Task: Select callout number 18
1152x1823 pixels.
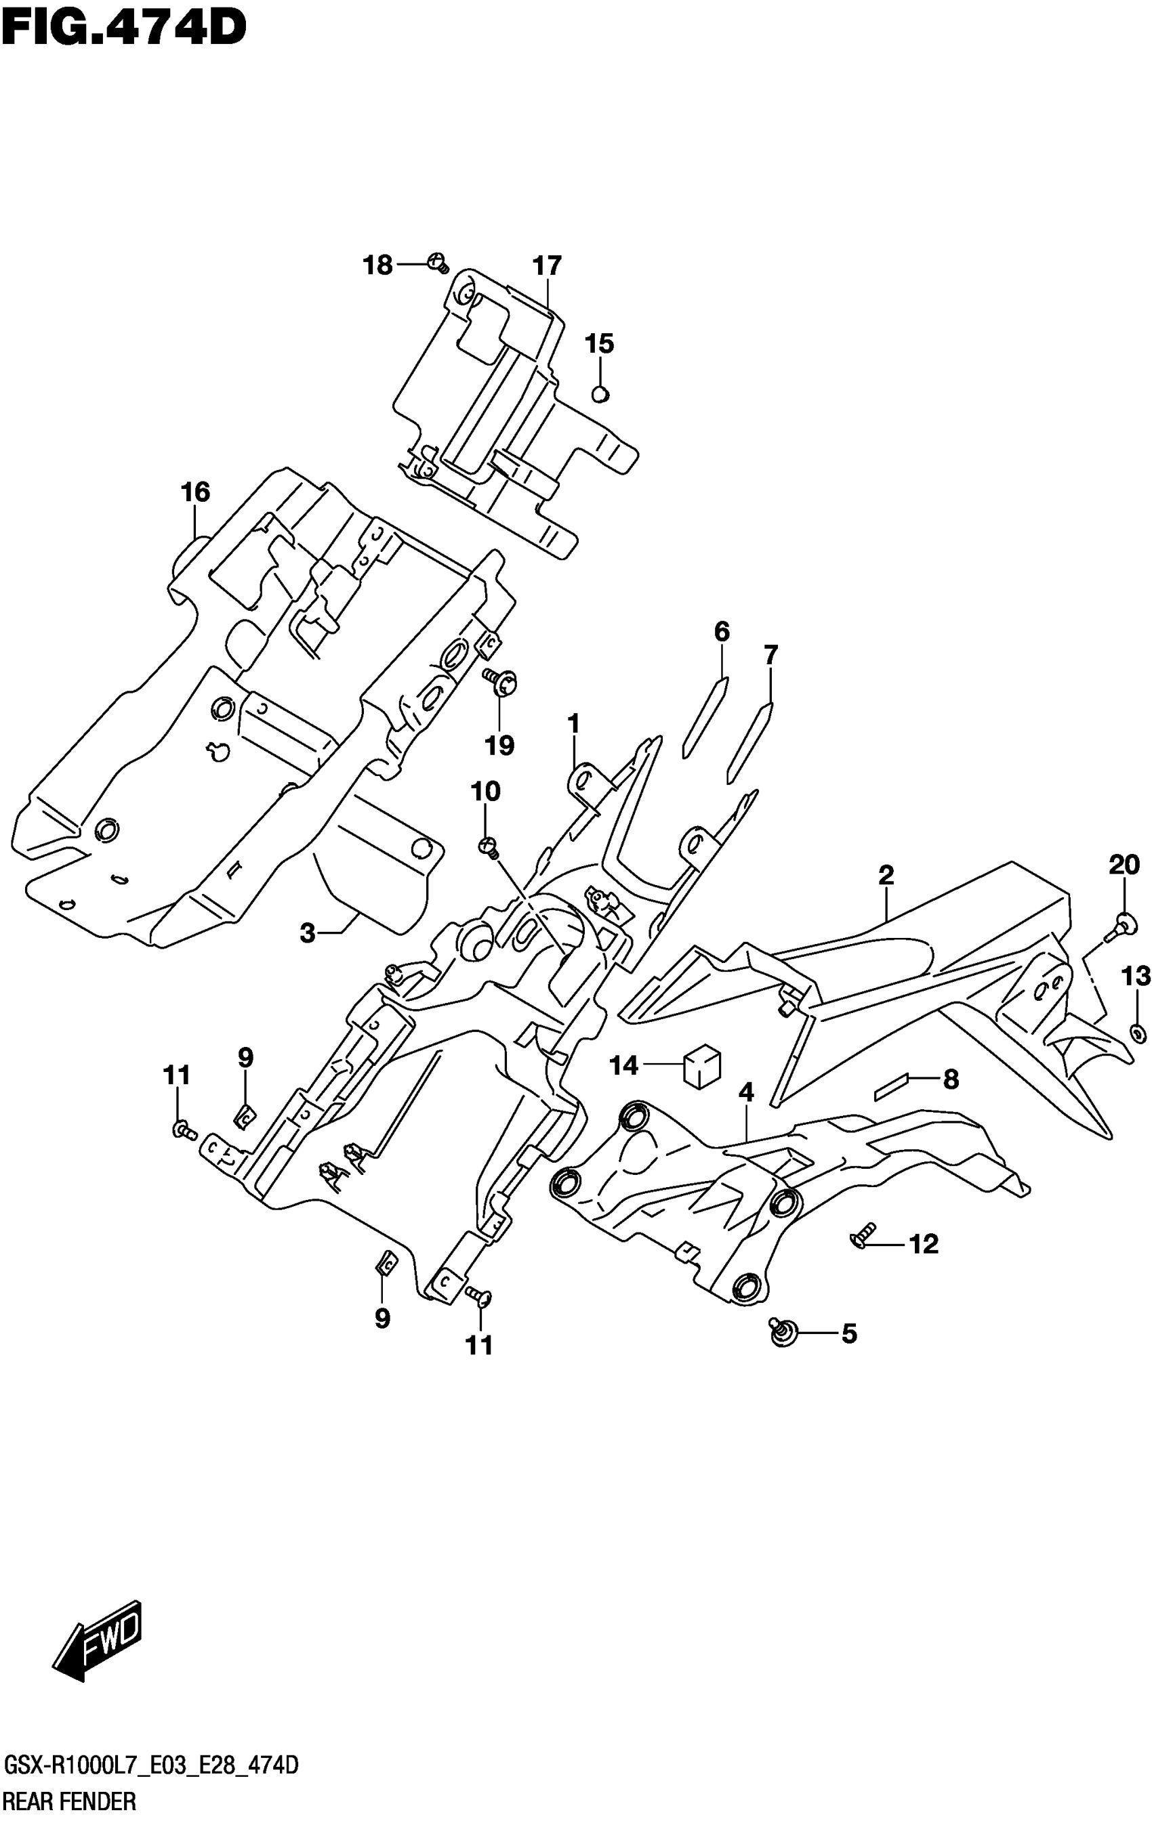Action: tap(378, 265)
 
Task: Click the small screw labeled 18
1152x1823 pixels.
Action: tap(438, 263)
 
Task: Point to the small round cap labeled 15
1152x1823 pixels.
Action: tap(600, 393)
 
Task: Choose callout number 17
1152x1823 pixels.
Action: tap(547, 265)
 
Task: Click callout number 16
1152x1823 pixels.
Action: tap(194, 492)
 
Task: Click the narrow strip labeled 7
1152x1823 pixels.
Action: tap(749, 743)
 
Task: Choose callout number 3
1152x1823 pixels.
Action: tap(307, 933)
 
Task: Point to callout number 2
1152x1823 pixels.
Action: tap(886, 875)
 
